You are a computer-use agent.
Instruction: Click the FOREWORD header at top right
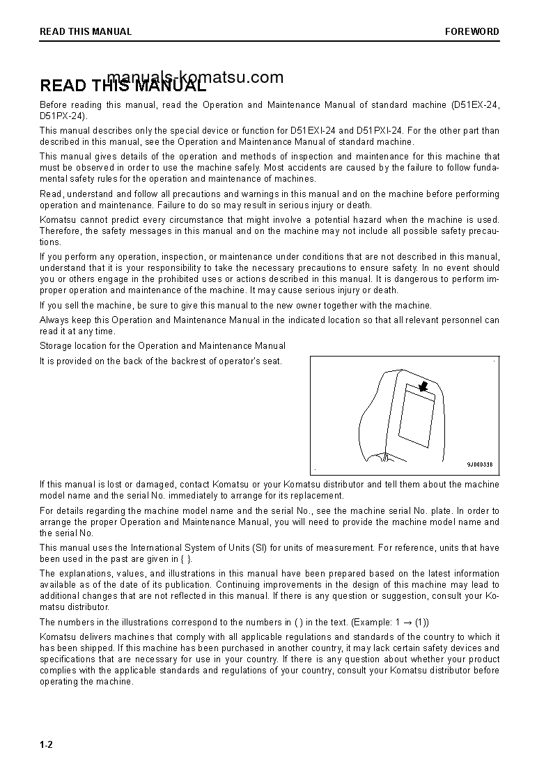472,31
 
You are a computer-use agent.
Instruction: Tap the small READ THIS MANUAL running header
86,31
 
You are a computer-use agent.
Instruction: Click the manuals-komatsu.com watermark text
196,77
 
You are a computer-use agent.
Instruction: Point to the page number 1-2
46,744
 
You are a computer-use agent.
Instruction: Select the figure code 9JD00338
479,464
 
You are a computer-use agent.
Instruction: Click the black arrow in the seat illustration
423,385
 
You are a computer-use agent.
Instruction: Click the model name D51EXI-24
312,130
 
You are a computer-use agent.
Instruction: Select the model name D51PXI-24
380,130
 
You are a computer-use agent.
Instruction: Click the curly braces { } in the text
186,558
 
